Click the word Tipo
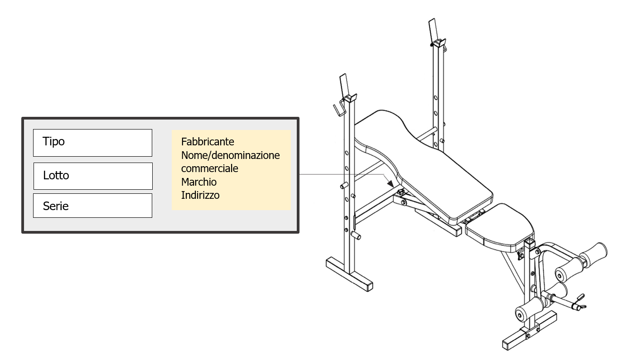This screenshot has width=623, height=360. point(53,141)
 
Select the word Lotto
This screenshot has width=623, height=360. point(56,175)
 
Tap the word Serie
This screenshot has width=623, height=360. point(56,206)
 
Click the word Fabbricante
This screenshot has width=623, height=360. point(208,142)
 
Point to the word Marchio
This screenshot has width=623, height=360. point(199,182)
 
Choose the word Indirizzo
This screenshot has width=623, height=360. point(200,195)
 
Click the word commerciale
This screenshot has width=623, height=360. point(210,168)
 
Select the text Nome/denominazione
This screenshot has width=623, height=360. point(230,155)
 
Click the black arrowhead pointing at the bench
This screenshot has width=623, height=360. point(391,183)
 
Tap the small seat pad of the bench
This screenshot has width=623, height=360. point(500,226)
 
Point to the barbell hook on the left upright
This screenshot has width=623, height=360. point(339,108)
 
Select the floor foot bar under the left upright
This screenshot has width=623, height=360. point(349,274)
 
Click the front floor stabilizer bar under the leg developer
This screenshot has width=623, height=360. point(530,331)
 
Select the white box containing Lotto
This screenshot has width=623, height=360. point(93,176)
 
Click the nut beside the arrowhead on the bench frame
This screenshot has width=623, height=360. point(401,192)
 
